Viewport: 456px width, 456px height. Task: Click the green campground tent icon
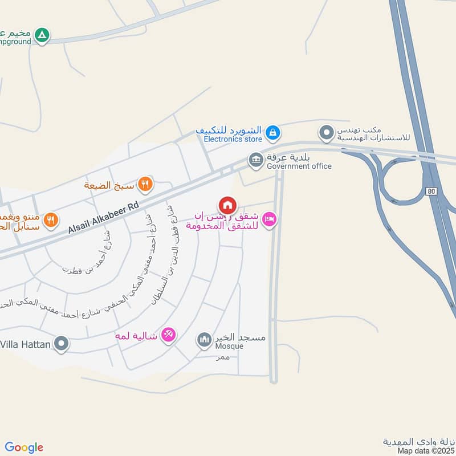tap(42, 35)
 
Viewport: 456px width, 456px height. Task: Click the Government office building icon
tap(255, 160)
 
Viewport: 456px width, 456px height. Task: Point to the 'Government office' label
tap(299, 166)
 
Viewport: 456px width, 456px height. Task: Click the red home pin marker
tap(227, 205)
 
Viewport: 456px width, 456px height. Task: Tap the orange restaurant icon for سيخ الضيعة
tap(145, 184)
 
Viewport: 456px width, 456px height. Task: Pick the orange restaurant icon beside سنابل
tap(51, 220)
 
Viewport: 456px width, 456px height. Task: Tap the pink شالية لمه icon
tap(168, 335)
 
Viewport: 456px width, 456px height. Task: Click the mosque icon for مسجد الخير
tap(203, 341)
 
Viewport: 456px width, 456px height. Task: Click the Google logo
tap(24, 447)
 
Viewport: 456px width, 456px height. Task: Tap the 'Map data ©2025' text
tap(425, 451)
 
